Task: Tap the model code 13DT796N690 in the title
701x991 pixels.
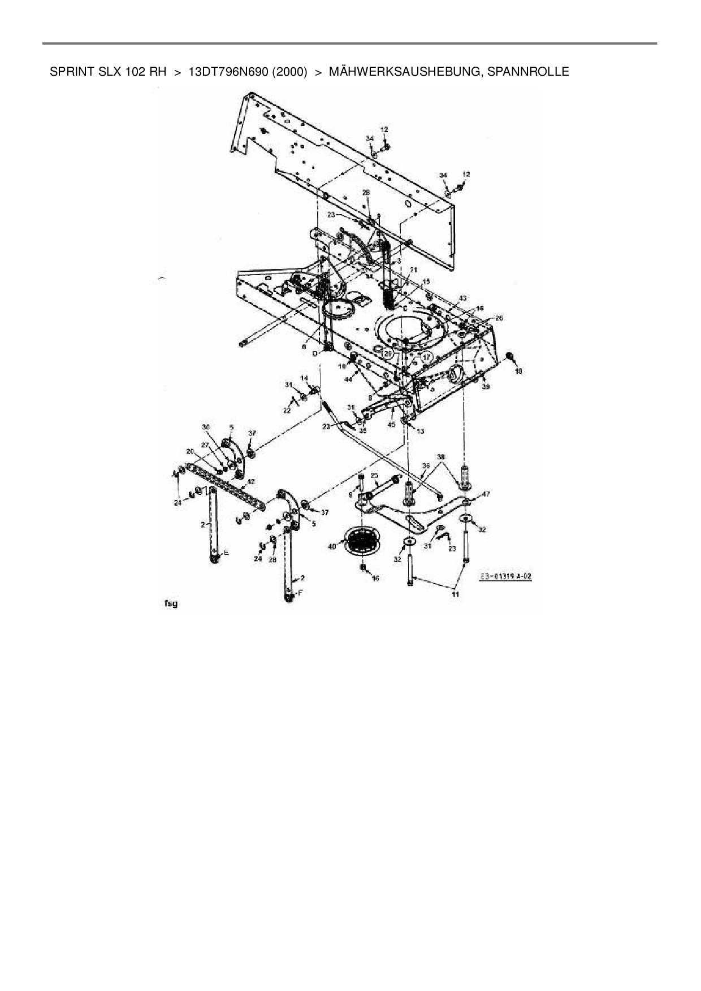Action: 228,72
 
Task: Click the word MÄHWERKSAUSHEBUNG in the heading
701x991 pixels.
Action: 404,72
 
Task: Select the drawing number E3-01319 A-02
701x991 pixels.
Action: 506,577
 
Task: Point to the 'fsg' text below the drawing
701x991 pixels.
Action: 171,603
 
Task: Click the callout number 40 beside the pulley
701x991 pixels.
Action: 332,546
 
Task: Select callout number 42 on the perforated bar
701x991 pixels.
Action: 251,482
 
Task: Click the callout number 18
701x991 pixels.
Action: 518,371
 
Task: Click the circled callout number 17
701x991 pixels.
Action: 426,357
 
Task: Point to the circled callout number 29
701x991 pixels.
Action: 387,353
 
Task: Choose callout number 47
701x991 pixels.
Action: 486,494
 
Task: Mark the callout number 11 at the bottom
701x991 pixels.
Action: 455,594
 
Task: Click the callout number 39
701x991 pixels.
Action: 486,386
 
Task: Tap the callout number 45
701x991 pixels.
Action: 391,424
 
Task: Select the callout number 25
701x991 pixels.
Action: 374,476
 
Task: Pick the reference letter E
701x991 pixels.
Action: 226,552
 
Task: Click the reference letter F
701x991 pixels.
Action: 300,593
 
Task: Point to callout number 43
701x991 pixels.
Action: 462,298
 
